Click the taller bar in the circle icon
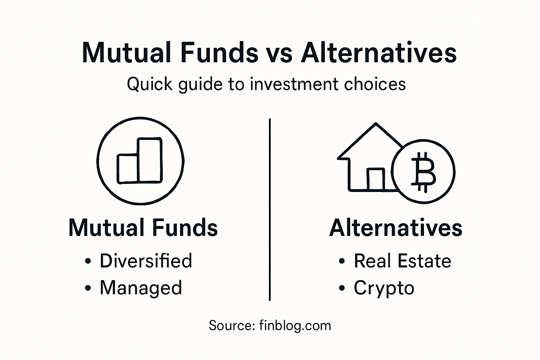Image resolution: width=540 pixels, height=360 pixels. click(x=150, y=160)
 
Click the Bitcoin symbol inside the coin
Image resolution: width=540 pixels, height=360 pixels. click(x=423, y=172)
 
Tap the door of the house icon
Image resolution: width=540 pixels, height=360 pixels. click(x=375, y=179)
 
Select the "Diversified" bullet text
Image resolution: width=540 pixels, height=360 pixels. click(x=146, y=261)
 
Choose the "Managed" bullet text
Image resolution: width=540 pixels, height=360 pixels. click(x=141, y=288)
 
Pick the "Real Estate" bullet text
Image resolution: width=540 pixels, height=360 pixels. click(x=402, y=261)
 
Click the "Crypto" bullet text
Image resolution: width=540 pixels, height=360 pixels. click(x=384, y=288)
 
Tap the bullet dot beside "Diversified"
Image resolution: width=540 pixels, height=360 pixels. click(x=88, y=262)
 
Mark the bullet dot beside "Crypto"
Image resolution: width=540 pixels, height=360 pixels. click(x=342, y=288)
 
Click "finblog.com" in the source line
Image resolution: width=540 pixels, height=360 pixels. click(x=295, y=326)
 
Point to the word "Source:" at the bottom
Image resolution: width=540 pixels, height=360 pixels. click(x=232, y=326)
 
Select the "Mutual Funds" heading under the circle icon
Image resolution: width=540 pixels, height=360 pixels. click(x=143, y=228)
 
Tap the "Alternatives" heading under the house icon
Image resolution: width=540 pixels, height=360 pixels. click(x=396, y=228)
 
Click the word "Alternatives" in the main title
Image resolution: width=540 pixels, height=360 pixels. click(x=379, y=53)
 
